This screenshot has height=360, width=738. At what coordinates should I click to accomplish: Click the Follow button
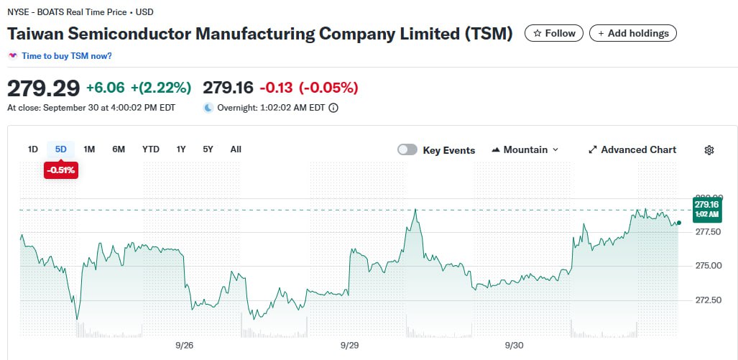point(553,33)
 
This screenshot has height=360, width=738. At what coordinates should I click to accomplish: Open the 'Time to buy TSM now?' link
point(66,56)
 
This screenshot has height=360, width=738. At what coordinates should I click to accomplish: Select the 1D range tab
point(33,149)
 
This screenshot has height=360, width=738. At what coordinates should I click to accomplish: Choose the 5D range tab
point(61,149)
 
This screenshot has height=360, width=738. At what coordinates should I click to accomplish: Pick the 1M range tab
point(89,149)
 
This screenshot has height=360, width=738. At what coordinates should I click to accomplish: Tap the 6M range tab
point(119,149)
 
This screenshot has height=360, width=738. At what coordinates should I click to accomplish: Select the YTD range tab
point(150,149)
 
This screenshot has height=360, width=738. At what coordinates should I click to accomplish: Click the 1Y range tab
point(181,149)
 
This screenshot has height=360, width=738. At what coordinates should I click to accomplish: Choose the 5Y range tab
point(208,149)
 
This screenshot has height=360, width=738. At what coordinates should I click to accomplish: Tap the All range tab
point(236,149)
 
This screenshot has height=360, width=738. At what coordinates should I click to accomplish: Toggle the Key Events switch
point(407,149)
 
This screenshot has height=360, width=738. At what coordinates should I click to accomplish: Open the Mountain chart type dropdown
point(525,149)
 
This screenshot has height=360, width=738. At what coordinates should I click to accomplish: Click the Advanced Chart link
point(632,149)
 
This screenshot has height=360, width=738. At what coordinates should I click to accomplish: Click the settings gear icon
point(709,150)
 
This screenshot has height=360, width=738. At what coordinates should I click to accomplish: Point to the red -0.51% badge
point(61,170)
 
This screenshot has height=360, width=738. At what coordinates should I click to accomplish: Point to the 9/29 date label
point(349,345)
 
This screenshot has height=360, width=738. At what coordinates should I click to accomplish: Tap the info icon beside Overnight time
point(333,109)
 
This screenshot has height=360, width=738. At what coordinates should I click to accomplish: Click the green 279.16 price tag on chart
point(706,208)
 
